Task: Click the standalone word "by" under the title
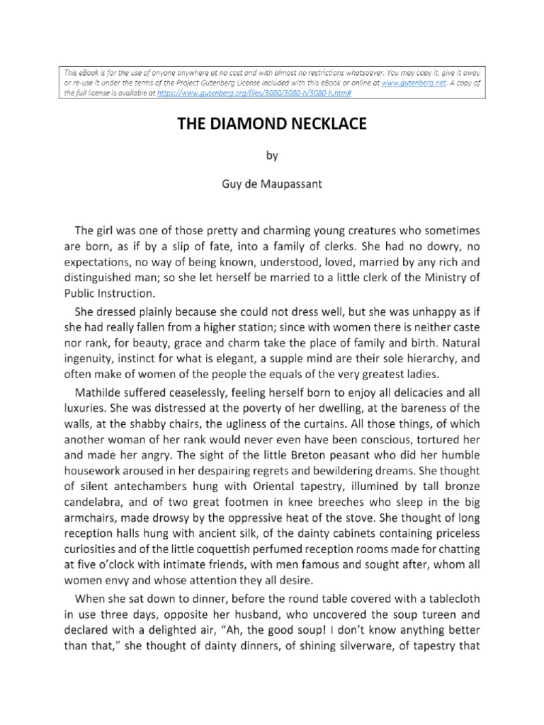pos(272,156)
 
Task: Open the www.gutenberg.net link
pos(407,83)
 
